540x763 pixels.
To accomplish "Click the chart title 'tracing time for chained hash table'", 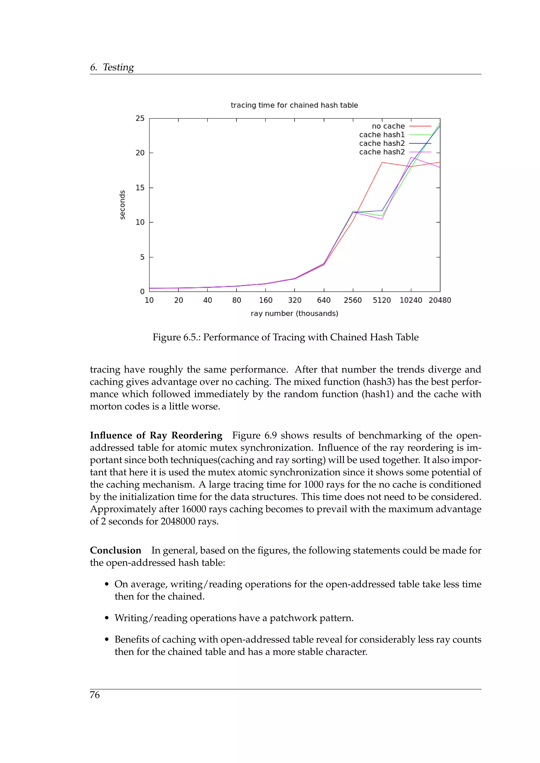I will (294, 105).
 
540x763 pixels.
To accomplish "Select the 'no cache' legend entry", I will (388, 126).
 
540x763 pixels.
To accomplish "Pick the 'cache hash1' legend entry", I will (382, 135).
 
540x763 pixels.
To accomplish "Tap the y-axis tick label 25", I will (140, 118).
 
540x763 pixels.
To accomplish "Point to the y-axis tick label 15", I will (140, 188).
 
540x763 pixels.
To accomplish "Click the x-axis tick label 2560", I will (353, 300).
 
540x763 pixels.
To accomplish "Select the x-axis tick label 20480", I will (440, 300).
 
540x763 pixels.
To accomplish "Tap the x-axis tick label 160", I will (266, 300).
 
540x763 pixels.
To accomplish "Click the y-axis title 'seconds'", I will (122, 205).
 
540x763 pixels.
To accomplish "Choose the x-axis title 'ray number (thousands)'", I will (294, 313).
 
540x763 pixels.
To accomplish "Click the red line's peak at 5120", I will (382, 163).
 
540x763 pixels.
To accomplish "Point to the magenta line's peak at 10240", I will (411, 157).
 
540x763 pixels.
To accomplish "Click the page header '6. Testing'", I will (112, 67).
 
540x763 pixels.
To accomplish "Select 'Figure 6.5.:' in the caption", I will (176, 337).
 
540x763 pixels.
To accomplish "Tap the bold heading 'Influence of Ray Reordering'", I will (156, 435).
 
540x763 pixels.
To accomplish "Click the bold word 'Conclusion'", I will (115, 550).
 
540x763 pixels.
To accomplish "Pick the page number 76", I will (94, 695).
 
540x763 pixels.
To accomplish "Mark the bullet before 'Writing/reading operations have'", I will (107, 618).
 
